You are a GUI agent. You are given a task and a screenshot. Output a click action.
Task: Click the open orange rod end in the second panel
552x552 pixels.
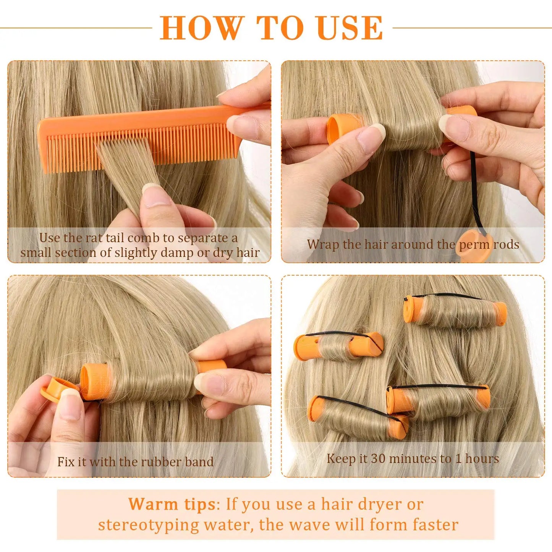336,129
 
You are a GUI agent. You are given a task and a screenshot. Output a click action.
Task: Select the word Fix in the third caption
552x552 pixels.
66,461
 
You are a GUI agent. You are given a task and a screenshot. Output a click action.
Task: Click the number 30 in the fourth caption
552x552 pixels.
378,458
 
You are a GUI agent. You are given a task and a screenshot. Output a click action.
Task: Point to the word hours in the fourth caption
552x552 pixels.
482,458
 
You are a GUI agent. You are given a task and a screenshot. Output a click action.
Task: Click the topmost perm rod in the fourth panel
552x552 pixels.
455,311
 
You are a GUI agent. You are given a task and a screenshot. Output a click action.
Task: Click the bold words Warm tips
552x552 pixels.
172,504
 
